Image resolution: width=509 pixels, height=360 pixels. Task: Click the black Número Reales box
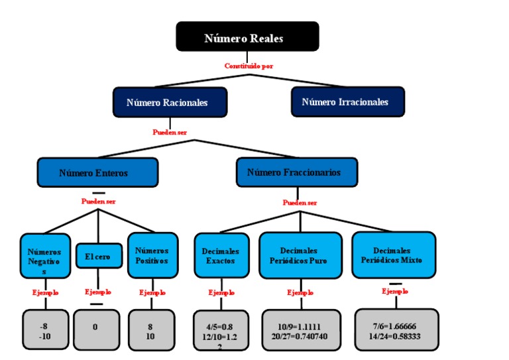[247, 36]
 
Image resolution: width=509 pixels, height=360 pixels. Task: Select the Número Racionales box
[170, 103]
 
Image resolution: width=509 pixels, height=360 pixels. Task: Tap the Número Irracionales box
[347, 102]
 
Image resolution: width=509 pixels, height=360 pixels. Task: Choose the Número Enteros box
[97, 172]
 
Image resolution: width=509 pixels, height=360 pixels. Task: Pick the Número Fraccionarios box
[297, 172]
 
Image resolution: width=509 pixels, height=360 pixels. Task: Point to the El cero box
[97, 256]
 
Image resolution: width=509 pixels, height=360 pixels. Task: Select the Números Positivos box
[152, 255]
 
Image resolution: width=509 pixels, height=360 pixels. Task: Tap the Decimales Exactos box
[221, 256]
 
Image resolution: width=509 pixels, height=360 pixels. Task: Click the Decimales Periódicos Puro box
[302, 255]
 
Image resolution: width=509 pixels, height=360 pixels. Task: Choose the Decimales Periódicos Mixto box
[394, 255]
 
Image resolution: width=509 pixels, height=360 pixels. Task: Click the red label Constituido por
[249, 66]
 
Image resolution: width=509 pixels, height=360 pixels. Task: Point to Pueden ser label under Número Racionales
[170, 132]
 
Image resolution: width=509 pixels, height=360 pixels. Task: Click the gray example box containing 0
[97, 329]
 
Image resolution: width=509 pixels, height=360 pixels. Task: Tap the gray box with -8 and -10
[45, 330]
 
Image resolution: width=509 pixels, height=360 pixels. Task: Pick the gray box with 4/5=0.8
[221, 330]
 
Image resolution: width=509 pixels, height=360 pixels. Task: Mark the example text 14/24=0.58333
[395, 335]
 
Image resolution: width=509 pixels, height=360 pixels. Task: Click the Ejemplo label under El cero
[98, 292]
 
